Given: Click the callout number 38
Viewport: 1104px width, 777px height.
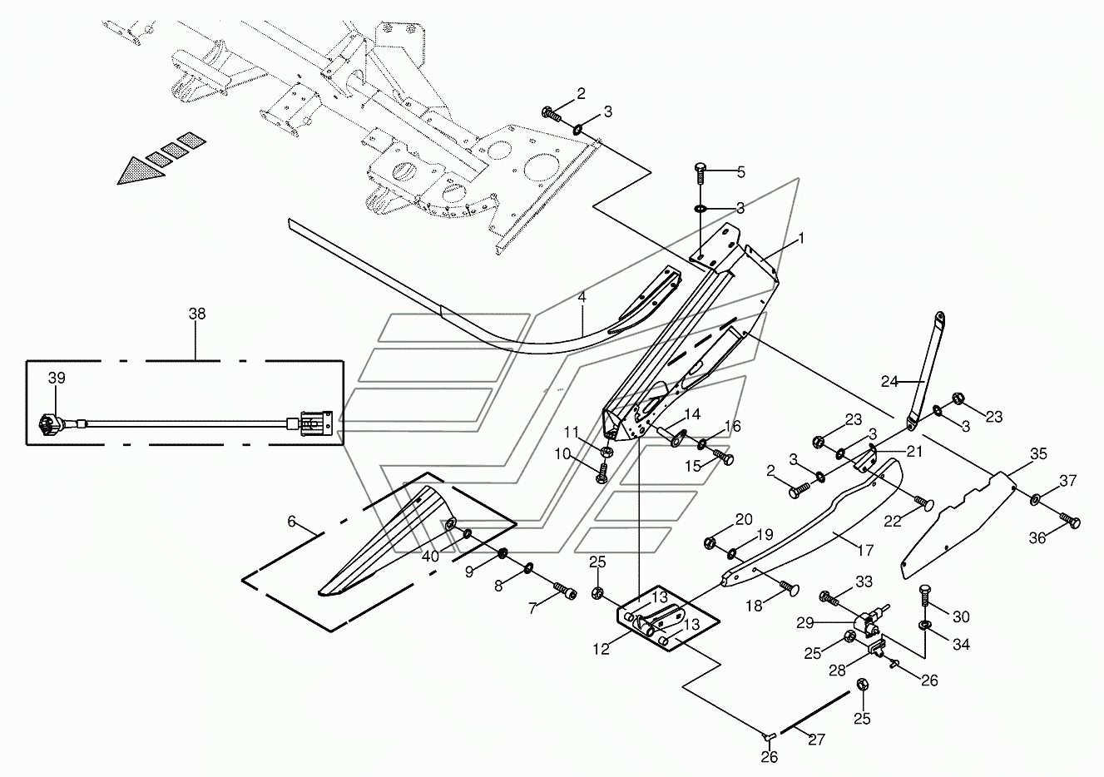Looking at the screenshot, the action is tap(197, 314).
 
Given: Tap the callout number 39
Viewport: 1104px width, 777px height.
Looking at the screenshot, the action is tap(57, 378).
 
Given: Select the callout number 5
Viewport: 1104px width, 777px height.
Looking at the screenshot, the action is tap(740, 172).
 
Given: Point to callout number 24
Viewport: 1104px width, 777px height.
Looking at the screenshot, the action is tap(889, 381).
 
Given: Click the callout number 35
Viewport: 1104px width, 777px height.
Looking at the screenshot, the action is tap(1038, 453).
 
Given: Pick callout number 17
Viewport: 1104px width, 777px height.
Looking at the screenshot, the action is tap(865, 550).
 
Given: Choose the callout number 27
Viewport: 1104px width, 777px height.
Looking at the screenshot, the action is tap(817, 740).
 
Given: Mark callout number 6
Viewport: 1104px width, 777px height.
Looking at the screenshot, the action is tap(291, 521).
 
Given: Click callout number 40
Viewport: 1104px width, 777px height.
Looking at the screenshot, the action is tap(430, 557).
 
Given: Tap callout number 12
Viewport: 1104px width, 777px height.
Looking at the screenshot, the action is tap(601, 650).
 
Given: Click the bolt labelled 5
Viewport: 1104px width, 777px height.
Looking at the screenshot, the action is tap(701, 176).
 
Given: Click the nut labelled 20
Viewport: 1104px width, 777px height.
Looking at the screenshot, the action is tap(710, 543).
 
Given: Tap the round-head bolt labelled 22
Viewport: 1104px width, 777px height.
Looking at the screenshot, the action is tap(923, 502).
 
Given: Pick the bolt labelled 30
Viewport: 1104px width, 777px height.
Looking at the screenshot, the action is tap(924, 597).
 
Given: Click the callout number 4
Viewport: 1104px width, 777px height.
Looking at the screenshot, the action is tap(582, 298).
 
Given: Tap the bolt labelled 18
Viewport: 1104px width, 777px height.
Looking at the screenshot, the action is tap(788, 588).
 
